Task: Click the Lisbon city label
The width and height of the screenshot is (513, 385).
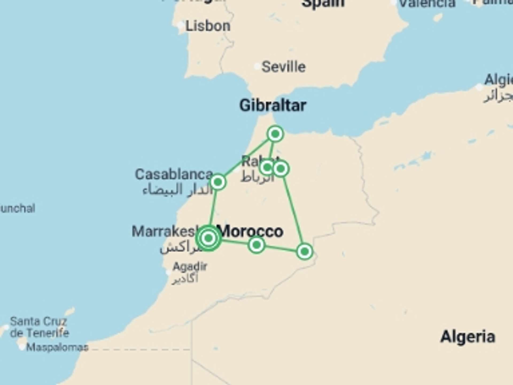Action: (x=208, y=26)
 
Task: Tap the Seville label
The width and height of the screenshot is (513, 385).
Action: (x=283, y=67)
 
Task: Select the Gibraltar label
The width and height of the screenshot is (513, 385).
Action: (x=273, y=105)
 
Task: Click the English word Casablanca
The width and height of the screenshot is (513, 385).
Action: (x=174, y=174)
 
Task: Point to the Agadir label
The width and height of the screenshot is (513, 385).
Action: (x=190, y=266)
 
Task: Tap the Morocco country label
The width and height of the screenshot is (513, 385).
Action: (x=251, y=231)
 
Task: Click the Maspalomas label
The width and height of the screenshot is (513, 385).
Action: (x=57, y=347)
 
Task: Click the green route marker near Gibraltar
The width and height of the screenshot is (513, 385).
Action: (x=275, y=134)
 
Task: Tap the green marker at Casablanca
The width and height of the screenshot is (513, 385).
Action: (x=218, y=182)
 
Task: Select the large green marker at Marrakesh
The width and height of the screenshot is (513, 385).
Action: (x=208, y=238)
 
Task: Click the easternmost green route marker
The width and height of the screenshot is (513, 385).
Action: (x=304, y=251)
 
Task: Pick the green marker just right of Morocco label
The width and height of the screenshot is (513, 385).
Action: (x=256, y=245)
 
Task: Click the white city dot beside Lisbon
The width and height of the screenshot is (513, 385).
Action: (x=181, y=26)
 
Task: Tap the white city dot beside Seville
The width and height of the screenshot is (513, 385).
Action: (x=257, y=66)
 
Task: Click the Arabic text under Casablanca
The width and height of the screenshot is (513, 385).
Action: (x=178, y=190)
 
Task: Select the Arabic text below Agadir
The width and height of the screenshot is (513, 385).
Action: (x=185, y=279)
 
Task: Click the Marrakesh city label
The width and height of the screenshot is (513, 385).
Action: (x=164, y=231)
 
